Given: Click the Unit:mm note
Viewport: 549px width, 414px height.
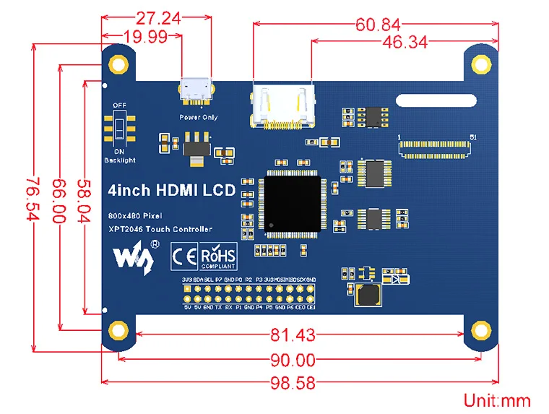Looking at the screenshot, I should point(497,400).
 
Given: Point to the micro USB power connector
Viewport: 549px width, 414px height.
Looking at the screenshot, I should point(195,90).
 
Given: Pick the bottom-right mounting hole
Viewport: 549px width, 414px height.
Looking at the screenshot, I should point(480,331).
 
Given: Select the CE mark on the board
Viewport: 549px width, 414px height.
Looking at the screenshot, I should point(181,256).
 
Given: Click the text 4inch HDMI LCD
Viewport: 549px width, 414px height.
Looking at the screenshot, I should point(171,191).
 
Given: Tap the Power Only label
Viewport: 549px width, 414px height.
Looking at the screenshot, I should point(198,117).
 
